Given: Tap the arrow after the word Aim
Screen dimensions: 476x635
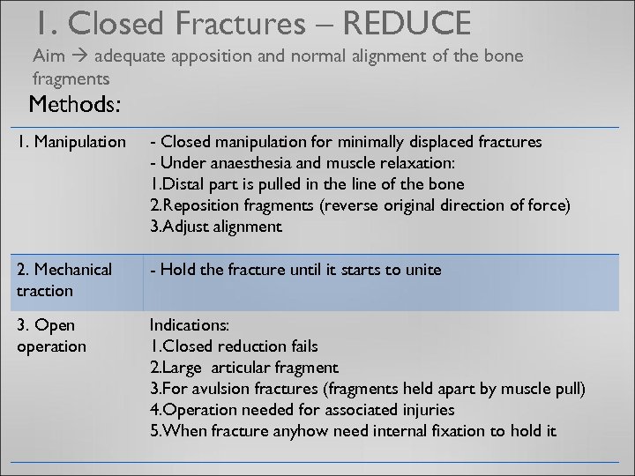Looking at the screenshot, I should (78, 56).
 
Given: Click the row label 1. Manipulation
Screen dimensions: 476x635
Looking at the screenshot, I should (71, 142).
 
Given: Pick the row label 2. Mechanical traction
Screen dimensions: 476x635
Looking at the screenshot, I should (64, 279).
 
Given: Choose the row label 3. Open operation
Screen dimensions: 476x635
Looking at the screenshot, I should (52, 336).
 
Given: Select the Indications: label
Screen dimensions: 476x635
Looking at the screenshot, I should (189, 325).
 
